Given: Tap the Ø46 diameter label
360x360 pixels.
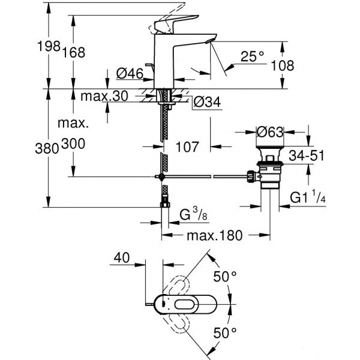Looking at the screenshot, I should [128, 74].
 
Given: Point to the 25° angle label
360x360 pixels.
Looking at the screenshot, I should [252, 58].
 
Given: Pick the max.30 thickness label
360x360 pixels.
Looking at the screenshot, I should [98, 97].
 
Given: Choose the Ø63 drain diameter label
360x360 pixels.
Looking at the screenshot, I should [270, 131].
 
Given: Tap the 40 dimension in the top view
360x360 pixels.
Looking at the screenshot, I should [122, 258].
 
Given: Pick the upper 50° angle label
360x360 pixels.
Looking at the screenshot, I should [226, 278].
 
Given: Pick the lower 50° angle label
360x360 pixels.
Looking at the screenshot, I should [226, 333].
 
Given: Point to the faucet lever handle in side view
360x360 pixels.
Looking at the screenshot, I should [171, 22].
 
